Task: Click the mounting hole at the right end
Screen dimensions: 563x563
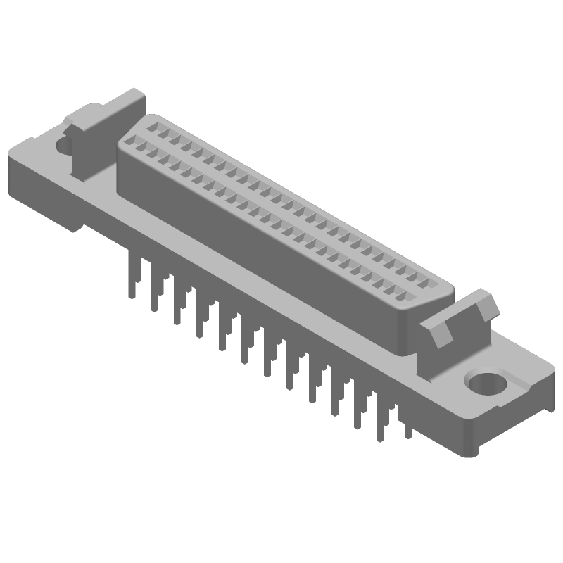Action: point(486,385)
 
